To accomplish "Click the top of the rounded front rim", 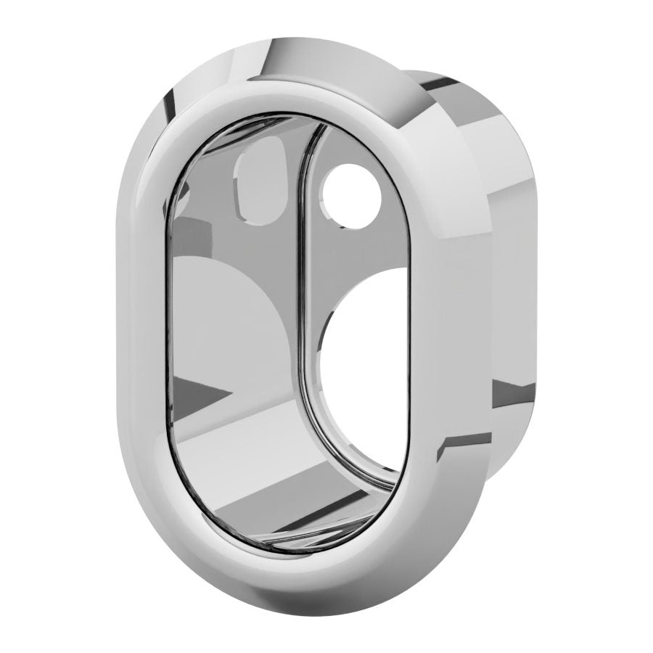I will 290,94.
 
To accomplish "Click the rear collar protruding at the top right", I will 472,109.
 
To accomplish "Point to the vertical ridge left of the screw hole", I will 305,218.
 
